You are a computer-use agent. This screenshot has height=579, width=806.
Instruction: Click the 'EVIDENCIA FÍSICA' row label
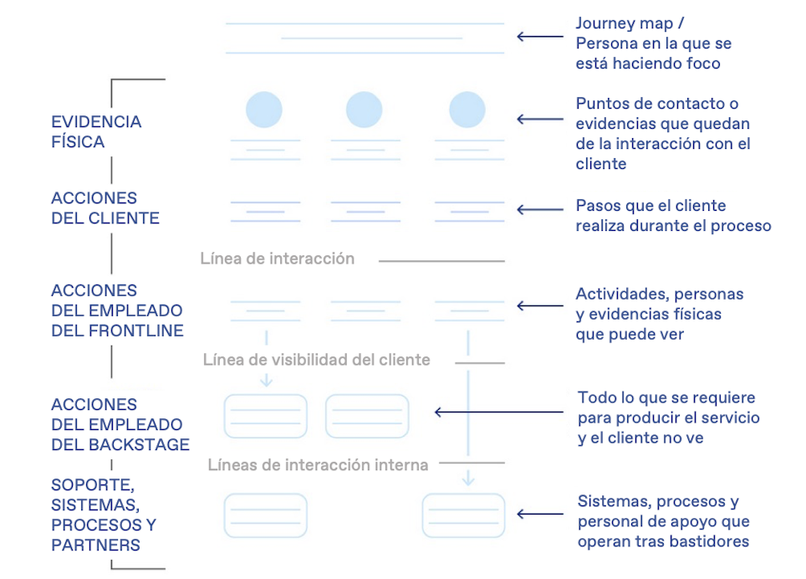pyautogui.click(x=96, y=131)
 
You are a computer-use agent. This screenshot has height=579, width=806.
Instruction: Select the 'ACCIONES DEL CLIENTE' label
pyautogui.click(x=105, y=208)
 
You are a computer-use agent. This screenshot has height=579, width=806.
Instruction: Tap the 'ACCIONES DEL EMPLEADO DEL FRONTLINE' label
pyautogui.click(x=117, y=310)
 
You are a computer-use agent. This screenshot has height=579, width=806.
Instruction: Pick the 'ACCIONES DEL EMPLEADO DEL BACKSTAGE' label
pyautogui.click(x=120, y=424)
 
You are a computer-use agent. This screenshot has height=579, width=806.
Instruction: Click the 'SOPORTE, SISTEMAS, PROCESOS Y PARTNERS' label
pyautogui.click(x=104, y=515)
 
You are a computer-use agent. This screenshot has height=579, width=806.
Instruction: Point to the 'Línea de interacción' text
pyautogui.click(x=277, y=259)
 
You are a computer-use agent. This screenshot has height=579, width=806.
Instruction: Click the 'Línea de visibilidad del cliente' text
pyautogui.click(x=316, y=360)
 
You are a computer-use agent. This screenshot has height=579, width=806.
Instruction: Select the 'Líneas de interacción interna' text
pyautogui.click(x=318, y=464)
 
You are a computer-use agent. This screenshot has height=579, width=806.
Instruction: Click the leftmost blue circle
pyautogui.click(x=264, y=110)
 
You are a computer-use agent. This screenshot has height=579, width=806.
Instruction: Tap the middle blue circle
pyautogui.click(x=364, y=110)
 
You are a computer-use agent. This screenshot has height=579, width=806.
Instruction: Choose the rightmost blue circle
pyautogui.click(x=467, y=110)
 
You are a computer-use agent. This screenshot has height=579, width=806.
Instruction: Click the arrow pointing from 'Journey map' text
pyautogui.click(x=539, y=36)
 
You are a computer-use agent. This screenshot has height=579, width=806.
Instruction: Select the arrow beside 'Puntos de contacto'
pyautogui.click(x=539, y=119)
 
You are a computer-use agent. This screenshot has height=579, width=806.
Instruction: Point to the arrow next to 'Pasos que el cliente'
pyautogui.click(x=539, y=210)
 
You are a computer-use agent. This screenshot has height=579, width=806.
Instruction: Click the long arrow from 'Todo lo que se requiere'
pyautogui.click(x=499, y=412)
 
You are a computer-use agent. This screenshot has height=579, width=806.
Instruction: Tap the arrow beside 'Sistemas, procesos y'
pyautogui.click(x=539, y=514)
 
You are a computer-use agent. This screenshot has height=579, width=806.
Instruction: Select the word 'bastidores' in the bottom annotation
pyautogui.click(x=709, y=541)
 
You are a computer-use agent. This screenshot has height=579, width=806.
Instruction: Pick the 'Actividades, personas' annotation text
pyautogui.click(x=659, y=294)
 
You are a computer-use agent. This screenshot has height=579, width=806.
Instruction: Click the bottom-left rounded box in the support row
pyautogui.click(x=265, y=515)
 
